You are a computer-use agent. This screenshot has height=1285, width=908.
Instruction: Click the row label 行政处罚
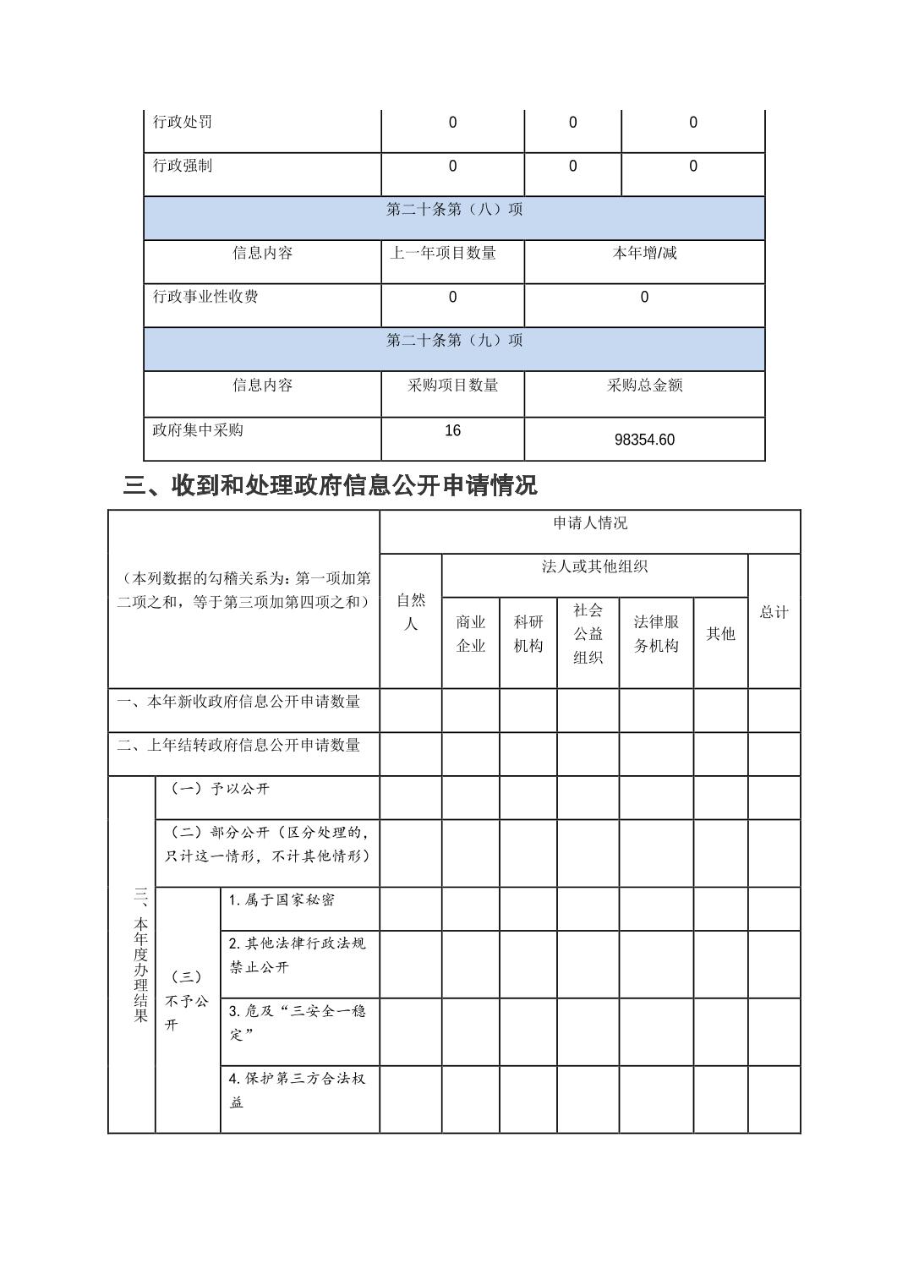[x=183, y=122]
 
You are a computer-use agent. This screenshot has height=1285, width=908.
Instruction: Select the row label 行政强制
[x=183, y=166]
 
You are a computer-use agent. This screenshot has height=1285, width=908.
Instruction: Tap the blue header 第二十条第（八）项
[x=454, y=210]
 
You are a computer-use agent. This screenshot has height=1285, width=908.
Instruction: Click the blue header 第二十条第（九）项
[x=454, y=341]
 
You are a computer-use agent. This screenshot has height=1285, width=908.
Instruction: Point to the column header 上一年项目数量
[x=443, y=253]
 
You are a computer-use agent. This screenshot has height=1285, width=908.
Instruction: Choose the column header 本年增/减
[x=644, y=253]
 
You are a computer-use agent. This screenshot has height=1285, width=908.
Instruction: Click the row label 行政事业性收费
[x=205, y=297]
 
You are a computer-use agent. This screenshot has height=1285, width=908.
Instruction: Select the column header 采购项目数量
[x=453, y=385]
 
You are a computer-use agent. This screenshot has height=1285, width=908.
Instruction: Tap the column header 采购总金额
[x=644, y=385]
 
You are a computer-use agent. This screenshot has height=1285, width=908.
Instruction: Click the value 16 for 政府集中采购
[x=453, y=431]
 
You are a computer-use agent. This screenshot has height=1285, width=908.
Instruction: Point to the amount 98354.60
[x=644, y=440]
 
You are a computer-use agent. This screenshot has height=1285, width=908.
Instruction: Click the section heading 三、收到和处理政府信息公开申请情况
[x=330, y=485]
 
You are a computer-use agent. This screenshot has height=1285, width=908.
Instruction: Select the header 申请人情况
[x=590, y=523]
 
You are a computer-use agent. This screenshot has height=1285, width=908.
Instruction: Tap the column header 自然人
[x=411, y=612]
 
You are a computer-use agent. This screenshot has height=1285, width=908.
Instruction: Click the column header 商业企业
[x=471, y=634]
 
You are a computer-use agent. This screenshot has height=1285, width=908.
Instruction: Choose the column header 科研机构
[x=528, y=634]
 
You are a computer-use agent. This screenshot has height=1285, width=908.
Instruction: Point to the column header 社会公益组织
[x=588, y=633]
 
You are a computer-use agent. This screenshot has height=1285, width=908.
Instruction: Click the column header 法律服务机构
[x=656, y=634]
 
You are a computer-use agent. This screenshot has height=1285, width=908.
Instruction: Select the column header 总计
[x=774, y=612]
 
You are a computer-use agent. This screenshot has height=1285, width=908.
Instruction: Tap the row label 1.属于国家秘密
[x=282, y=900]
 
